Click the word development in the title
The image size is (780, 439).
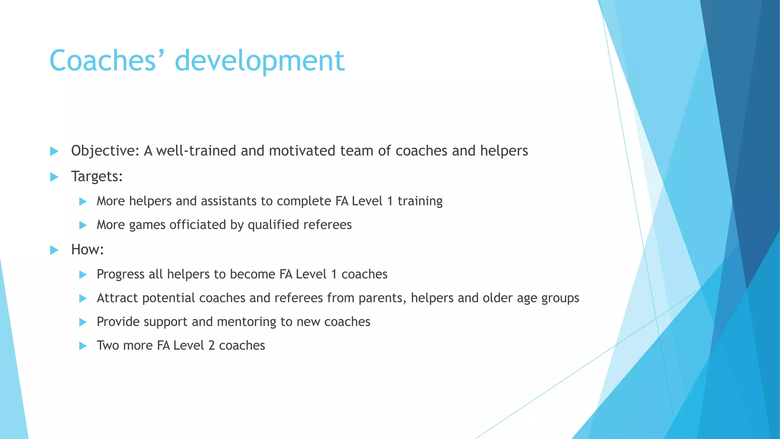tap(259, 61)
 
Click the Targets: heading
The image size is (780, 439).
tap(97, 176)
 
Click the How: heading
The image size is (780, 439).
tap(87, 250)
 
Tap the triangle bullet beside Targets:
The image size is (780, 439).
tap(54, 177)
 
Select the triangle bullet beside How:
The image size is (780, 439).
tap(54, 250)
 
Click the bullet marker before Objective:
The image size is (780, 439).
tap(54, 151)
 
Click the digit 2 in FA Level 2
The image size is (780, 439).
tap(211, 345)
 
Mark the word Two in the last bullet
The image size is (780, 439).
tap(108, 345)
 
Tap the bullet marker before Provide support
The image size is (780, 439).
tap(83, 322)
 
